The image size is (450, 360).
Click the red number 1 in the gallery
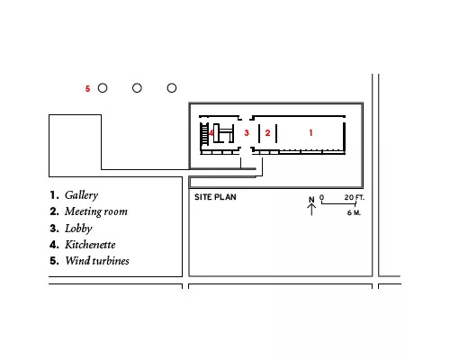310,132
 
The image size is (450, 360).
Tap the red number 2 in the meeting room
267,132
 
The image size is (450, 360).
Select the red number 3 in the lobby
247,132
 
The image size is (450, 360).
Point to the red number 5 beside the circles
87,89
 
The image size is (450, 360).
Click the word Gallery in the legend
81,195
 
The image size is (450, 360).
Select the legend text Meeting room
96,211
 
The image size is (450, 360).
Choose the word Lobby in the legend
78,229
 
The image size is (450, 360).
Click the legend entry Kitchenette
90,245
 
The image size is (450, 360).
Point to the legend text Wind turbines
97,261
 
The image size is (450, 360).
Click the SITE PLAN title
215,197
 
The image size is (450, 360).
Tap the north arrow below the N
311,210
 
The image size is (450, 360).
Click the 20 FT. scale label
355,197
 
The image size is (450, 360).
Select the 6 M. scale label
354,212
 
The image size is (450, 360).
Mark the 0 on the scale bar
321,197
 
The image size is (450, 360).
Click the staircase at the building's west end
204,134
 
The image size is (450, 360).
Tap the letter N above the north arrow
311,200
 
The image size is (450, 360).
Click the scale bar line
338,203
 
